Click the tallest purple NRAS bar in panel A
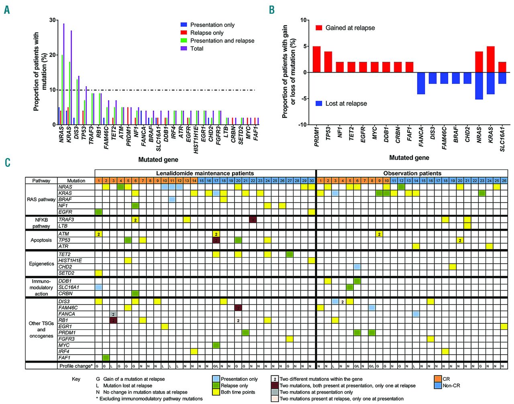click(x=63, y=74)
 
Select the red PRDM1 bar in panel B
click(x=316, y=59)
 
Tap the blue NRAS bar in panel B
click(x=479, y=85)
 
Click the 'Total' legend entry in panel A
click(x=197, y=49)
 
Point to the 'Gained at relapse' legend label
click(x=350, y=28)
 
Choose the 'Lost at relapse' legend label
click(x=346, y=104)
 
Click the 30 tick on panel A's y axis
click(x=53, y=20)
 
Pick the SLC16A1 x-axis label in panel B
click(x=502, y=139)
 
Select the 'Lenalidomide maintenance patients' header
click(x=205, y=173)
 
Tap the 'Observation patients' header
click(x=412, y=173)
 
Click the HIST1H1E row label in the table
click(x=70, y=260)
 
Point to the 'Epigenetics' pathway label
click(x=41, y=264)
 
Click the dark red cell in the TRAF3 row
click(x=253, y=219)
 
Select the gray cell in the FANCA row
click(x=113, y=314)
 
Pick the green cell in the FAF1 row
click(x=106, y=357)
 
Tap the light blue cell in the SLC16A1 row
click(x=98, y=287)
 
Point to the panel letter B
click(x=272, y=10)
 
